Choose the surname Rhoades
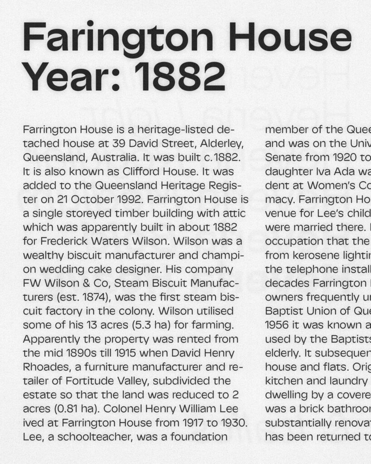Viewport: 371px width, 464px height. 45,367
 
